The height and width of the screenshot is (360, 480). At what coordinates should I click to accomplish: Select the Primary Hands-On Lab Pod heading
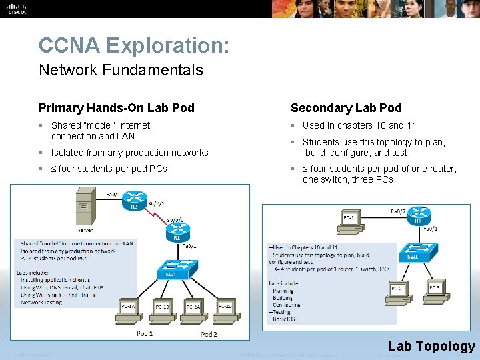pyautogui.click(x=117, y=107)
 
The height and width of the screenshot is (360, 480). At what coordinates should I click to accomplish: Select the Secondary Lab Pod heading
pyautogui.click(x=346, y=107)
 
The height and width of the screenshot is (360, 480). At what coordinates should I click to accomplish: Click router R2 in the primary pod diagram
pyautogui.click(x=135, y=201)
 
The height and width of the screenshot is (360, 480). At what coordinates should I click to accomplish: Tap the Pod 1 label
pyautogui.click(x=145, y=333)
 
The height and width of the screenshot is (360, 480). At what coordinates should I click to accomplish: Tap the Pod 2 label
pyautogui.click(x=209, y=333)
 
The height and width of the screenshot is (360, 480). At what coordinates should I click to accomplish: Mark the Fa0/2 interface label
pyautogui.click(x=398, y=211)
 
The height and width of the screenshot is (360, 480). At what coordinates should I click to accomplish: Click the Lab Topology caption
pyautogui.click(x=431, y=345)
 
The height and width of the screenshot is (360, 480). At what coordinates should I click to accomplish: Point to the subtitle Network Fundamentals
pyautogui.click(x=121, y=70)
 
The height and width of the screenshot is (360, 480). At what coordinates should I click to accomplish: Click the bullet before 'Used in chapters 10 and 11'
pyautogui.click(x=293, y=125)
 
